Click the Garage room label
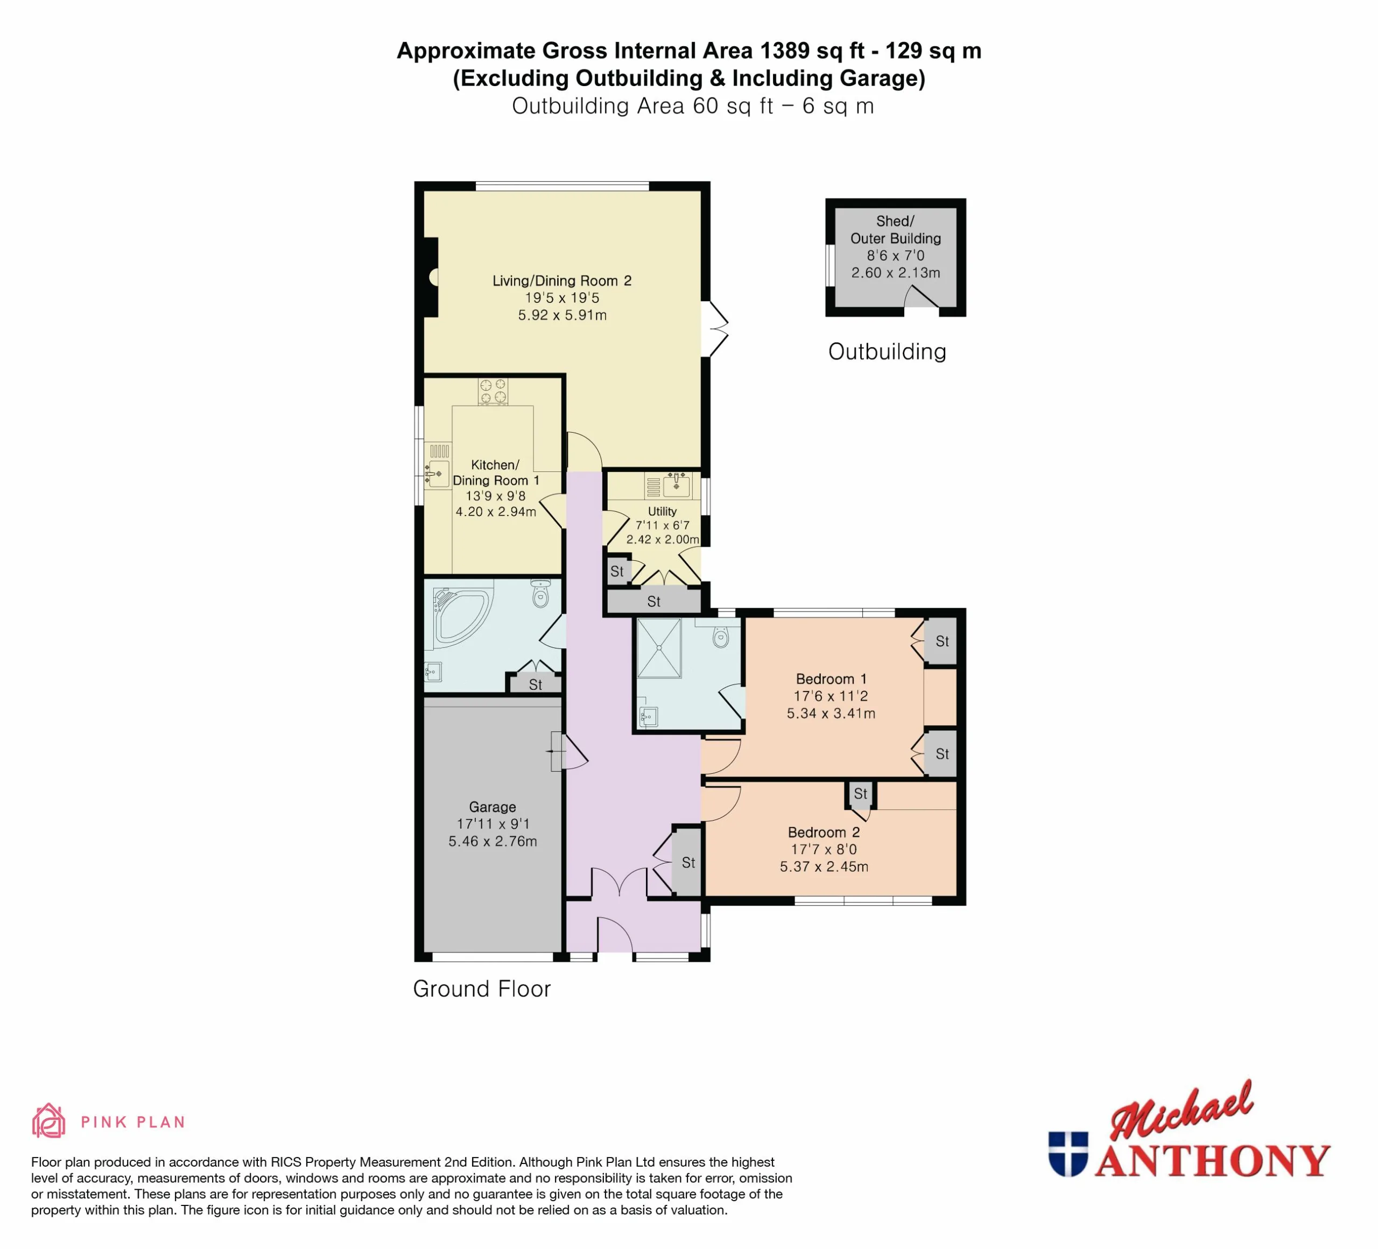coord(492,807)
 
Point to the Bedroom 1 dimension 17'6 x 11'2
coord(831,696)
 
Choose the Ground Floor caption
coord(482,989)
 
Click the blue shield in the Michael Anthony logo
coord(1068,1154)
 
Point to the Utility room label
coord(662,511)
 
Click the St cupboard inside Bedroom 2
coord(861,794)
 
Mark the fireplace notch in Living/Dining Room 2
coord(431,277)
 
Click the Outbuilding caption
coord(887,351)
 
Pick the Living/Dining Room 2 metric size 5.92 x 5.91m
coord(562,315)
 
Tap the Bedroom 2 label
coord(824,832)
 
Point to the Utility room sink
coord(677,484)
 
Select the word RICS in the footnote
coord(286,1162)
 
